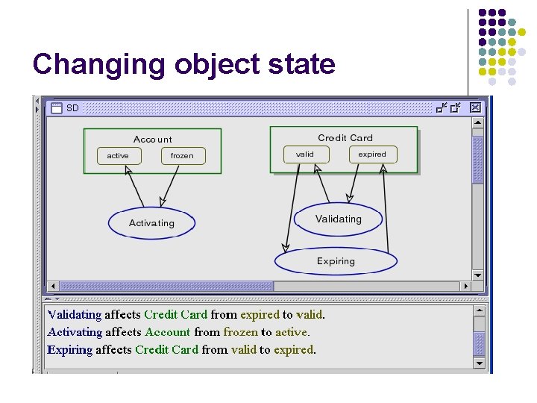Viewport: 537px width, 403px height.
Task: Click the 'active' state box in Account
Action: pos(118,156)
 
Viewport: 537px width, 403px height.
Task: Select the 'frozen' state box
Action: pos(182,156)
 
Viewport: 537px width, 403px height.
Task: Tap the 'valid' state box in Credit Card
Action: pos(305,154)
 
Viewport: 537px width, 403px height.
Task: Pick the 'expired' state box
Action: pos(372,154)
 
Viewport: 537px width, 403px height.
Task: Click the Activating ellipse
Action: pos(151,223)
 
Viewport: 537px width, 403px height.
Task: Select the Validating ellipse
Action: pos(338,219)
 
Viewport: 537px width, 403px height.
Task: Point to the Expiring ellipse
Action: pos(336,261)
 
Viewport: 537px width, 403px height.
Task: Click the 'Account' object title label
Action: pos(152,140)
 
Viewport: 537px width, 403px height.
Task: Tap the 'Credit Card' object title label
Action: pos(345,138)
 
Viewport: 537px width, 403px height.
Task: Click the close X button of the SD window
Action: pos(475,108)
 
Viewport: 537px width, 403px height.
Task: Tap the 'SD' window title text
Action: pos(72,108)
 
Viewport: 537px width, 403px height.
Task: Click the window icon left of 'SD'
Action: pos(56,108)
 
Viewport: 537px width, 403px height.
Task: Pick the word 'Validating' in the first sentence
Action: pos(74,315)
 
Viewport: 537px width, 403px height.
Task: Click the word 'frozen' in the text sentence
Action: pos(240,332)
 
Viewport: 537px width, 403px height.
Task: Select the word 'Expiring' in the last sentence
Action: pos(69,349)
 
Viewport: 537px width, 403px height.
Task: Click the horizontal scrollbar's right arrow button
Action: pos(465,286)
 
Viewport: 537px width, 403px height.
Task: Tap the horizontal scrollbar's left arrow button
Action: pos(52,286)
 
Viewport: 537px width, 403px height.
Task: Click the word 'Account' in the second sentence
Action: pos(168,332)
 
